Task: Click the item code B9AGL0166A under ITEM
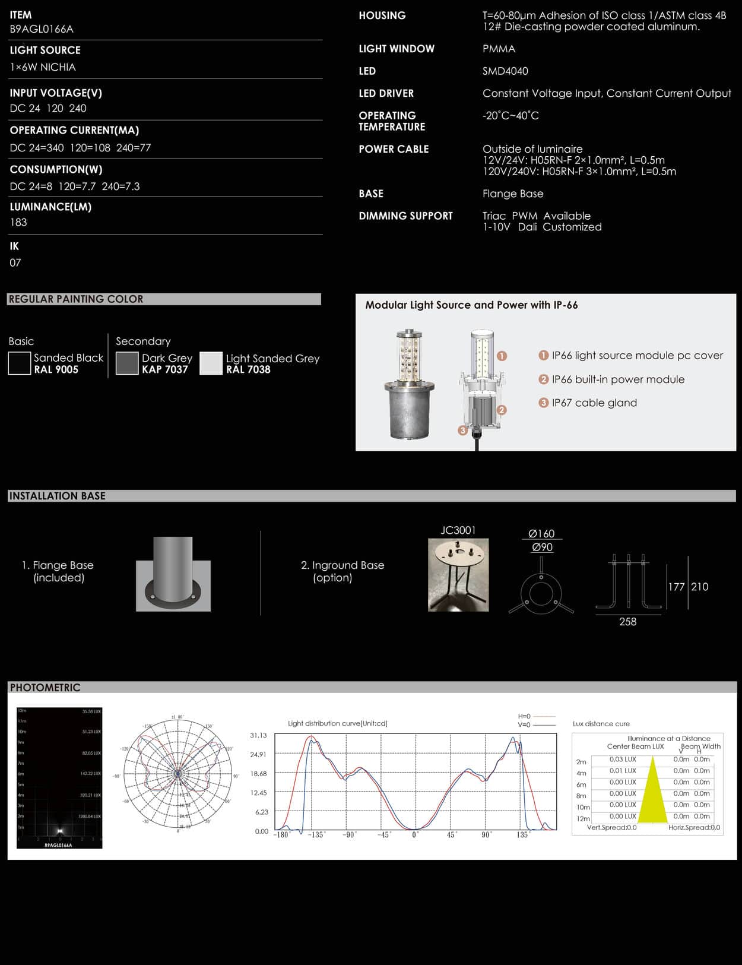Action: coord(42,29)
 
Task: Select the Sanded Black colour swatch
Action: coord(19,363)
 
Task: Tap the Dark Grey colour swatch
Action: coord(127,363)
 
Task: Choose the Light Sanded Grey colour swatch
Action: coord(211,363)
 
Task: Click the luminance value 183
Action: coord(18,222)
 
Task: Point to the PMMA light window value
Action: coord(499,49)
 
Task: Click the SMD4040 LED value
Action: coord(505,71)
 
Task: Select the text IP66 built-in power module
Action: coord(618,379)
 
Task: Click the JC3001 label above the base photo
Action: coord(458,530)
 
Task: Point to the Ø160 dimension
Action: coord(541,533)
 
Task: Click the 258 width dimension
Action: coord(627,622)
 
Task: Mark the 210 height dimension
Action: coord(700,587)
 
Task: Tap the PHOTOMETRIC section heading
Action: coord(45,688)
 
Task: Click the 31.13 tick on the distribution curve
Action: coord(258,735)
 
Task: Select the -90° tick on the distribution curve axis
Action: coord(350,835)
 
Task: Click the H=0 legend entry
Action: coord(525,716)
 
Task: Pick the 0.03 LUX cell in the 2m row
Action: coord(623,760)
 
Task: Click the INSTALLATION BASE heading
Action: coord(57,496)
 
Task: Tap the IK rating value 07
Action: coord(15,262)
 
